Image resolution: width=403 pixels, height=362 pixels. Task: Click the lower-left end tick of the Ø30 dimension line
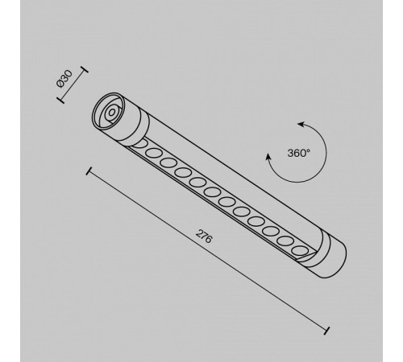[x=59, y=101]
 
